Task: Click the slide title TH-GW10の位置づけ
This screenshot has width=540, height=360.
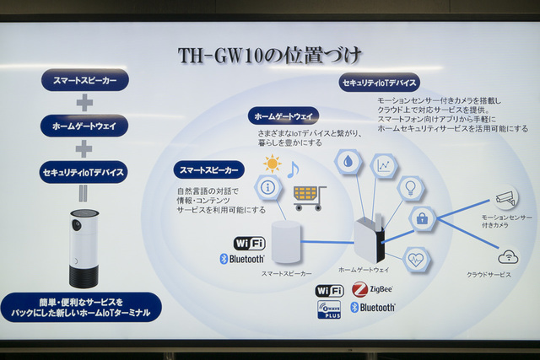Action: [269, 56]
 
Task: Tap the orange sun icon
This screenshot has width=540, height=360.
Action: [272, 164]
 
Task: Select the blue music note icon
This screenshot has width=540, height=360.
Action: [293, 169]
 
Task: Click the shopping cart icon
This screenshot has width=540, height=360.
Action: [309, 197]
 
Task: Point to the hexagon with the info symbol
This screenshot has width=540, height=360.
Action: [268, 187]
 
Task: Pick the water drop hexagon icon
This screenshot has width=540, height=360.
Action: [348, 162]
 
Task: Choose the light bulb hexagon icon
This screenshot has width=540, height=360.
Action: [410, 188]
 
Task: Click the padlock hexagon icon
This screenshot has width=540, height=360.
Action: [422, 218]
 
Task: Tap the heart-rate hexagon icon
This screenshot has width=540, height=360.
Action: [415, 259]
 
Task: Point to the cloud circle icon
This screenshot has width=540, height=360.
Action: [507, 256]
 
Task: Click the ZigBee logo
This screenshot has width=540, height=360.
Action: [371, 289]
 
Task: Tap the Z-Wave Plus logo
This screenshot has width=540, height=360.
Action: [329, 309]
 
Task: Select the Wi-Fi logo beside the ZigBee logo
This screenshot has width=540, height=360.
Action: [329, 290]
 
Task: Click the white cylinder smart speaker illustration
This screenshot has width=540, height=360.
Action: [286, 242]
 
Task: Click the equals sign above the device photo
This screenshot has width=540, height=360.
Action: [84, 193]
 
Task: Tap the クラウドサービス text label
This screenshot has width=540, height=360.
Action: [489, 275]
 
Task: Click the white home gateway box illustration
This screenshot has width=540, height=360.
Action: [368, 239]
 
